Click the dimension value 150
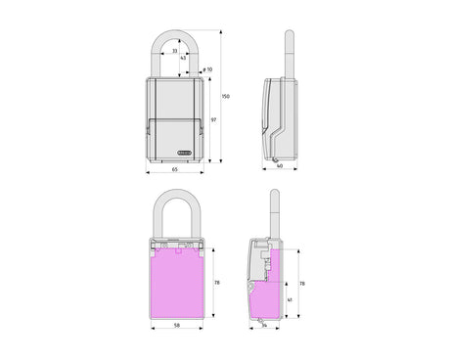[226, 96]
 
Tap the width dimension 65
[174, 171]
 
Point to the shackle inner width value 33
[175, 51]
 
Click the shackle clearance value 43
[183, 58]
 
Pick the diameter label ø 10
[206, 69]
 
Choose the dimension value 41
[290, 299]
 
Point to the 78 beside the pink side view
[303, 282]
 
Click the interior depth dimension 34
[265, 327]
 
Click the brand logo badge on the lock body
[187, 152]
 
